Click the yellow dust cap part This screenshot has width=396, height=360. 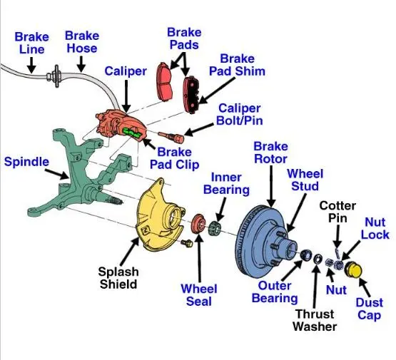click(354, 270)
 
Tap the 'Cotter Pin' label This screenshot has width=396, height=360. click(337, 212)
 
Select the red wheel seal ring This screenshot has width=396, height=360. click(198, 224)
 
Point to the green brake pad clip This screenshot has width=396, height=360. click(131, 132)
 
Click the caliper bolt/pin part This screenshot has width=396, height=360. click(171, 137)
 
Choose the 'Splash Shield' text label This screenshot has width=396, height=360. click(118, 278)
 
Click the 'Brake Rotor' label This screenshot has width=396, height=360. click(270, 153)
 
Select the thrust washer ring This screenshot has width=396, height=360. click(318, 259)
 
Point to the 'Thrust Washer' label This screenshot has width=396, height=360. click(315, 320)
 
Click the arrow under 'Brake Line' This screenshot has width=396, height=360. click(31, 65)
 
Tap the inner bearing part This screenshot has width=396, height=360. click(215, 227)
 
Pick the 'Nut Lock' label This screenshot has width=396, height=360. click(375, 228)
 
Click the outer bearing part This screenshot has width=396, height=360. click(306, 254)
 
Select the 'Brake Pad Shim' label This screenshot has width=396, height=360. click(237, 65)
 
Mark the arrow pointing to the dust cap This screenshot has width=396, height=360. click(364, 288)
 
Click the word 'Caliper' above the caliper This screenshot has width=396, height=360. click(126, 71)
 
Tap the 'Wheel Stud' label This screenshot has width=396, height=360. click(305, 180)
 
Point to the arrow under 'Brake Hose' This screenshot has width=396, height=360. click(81, 64)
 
